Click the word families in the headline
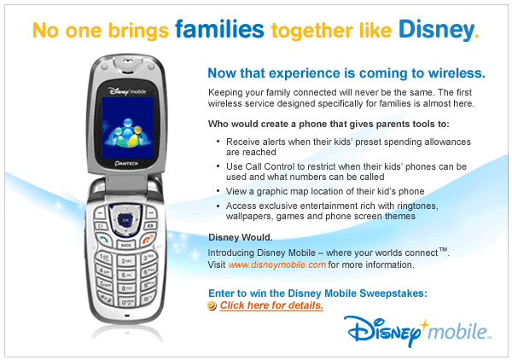(219, 29)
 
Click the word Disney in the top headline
(436, 31)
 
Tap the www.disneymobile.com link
(276, 264)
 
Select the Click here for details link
(271, 305)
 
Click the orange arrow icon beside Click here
(212, 305)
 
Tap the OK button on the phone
(125, 220)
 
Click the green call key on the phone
(104, 241)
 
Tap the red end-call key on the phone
(148, 240)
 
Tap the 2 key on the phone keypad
(126, 261)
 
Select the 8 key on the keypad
(126, 288)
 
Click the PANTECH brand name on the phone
(126, 163)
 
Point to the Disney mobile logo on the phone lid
(127, 91)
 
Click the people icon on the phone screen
(127, 132)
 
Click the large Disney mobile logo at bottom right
(418, 331)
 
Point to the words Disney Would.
(241, 237)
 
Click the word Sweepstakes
(393, 293)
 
